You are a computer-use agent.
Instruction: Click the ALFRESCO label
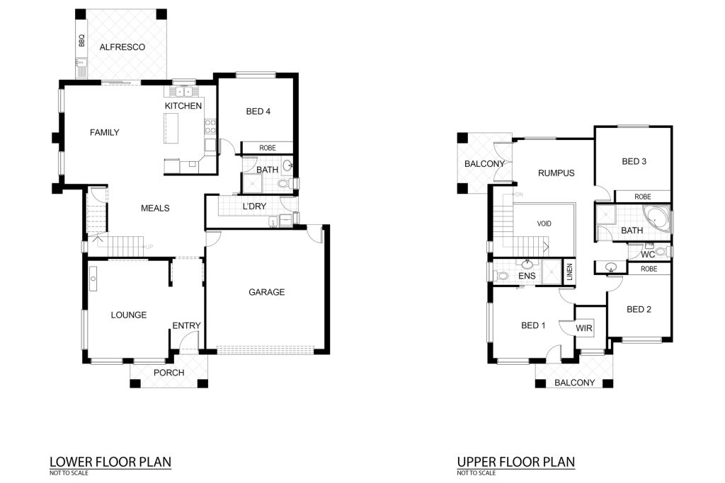[x=122, y=47]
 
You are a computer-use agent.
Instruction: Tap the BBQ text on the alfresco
[x=82, y=40]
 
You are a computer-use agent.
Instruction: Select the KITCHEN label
[x=183, y=106]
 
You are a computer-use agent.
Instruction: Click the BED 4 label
[x=258, y=111]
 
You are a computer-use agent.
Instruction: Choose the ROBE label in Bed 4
[x=267, y=148]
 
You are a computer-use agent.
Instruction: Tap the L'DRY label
[x=254, y=206]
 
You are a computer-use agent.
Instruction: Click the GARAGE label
[x=266, y=292]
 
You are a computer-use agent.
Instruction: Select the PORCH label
[x=169, y=373]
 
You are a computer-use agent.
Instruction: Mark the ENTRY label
[x=186, y=325]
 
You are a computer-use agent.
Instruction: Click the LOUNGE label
[x=129, y=315]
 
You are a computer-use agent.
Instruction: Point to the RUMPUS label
[x=556, y=173]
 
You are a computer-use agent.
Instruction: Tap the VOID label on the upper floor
[x=544, y=223]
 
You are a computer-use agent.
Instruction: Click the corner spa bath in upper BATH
[x=655, y=216]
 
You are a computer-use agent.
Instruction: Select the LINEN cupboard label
[x=570, y=272]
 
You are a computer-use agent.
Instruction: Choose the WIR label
[x=584, y=328]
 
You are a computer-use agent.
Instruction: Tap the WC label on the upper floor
[x=648, y=255]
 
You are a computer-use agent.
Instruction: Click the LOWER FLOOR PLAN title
[x=110, y=462]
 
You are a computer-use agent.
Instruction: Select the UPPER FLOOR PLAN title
[x=516, y=462]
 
